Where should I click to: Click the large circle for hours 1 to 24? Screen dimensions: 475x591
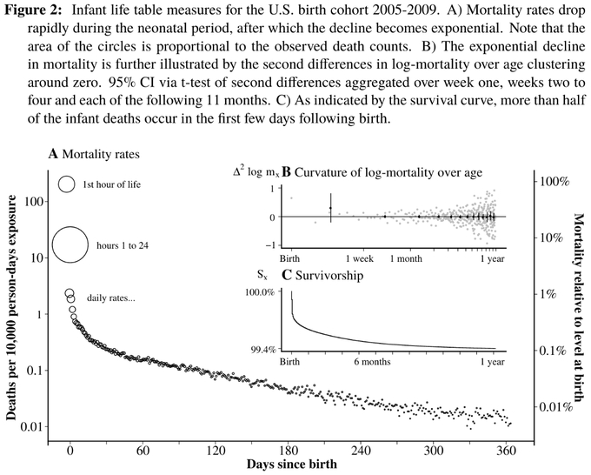[x=71, y=244]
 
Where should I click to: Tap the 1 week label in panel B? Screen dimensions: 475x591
[x=360, y=258]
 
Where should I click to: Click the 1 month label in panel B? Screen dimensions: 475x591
[x=406, y=258]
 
